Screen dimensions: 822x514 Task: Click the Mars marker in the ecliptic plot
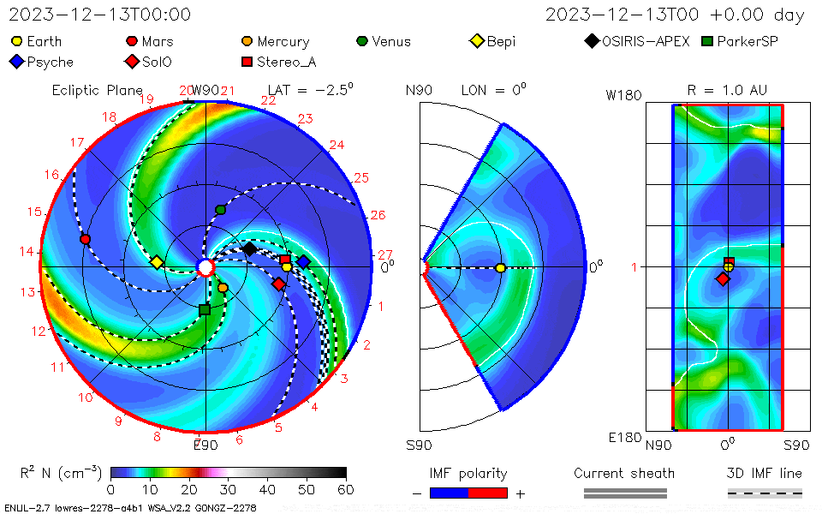pos(85,239)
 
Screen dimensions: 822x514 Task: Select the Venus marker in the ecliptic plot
pos(221,210)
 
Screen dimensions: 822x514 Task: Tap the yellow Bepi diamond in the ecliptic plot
pos(156,262)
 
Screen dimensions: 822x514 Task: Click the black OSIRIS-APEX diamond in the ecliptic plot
pos(249,248)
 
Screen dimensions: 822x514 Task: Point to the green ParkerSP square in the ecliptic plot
pos(205,309)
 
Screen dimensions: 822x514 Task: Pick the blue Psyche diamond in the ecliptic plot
pos(303,261)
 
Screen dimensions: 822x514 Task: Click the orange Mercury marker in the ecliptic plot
pos(223,288)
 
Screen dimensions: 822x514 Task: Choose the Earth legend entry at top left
pos(36,41)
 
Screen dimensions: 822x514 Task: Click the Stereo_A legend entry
pos(279,62)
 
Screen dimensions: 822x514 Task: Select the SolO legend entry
pos(148,62)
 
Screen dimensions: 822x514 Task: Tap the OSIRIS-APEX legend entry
pos(637,41)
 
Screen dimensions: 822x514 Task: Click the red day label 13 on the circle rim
pos(27,292)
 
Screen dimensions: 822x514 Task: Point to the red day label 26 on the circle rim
pos(378,215)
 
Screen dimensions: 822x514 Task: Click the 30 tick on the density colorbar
pos(228,490)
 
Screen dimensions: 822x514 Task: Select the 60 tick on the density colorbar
pos(346,490)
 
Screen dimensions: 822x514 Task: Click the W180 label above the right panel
pos(623,95)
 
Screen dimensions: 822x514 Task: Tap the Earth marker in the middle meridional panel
pos(501,268)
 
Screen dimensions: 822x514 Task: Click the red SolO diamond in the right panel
pos(723,279)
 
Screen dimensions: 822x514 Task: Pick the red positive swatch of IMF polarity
pos(488,493)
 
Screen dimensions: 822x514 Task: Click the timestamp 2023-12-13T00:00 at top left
pos(100,15)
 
